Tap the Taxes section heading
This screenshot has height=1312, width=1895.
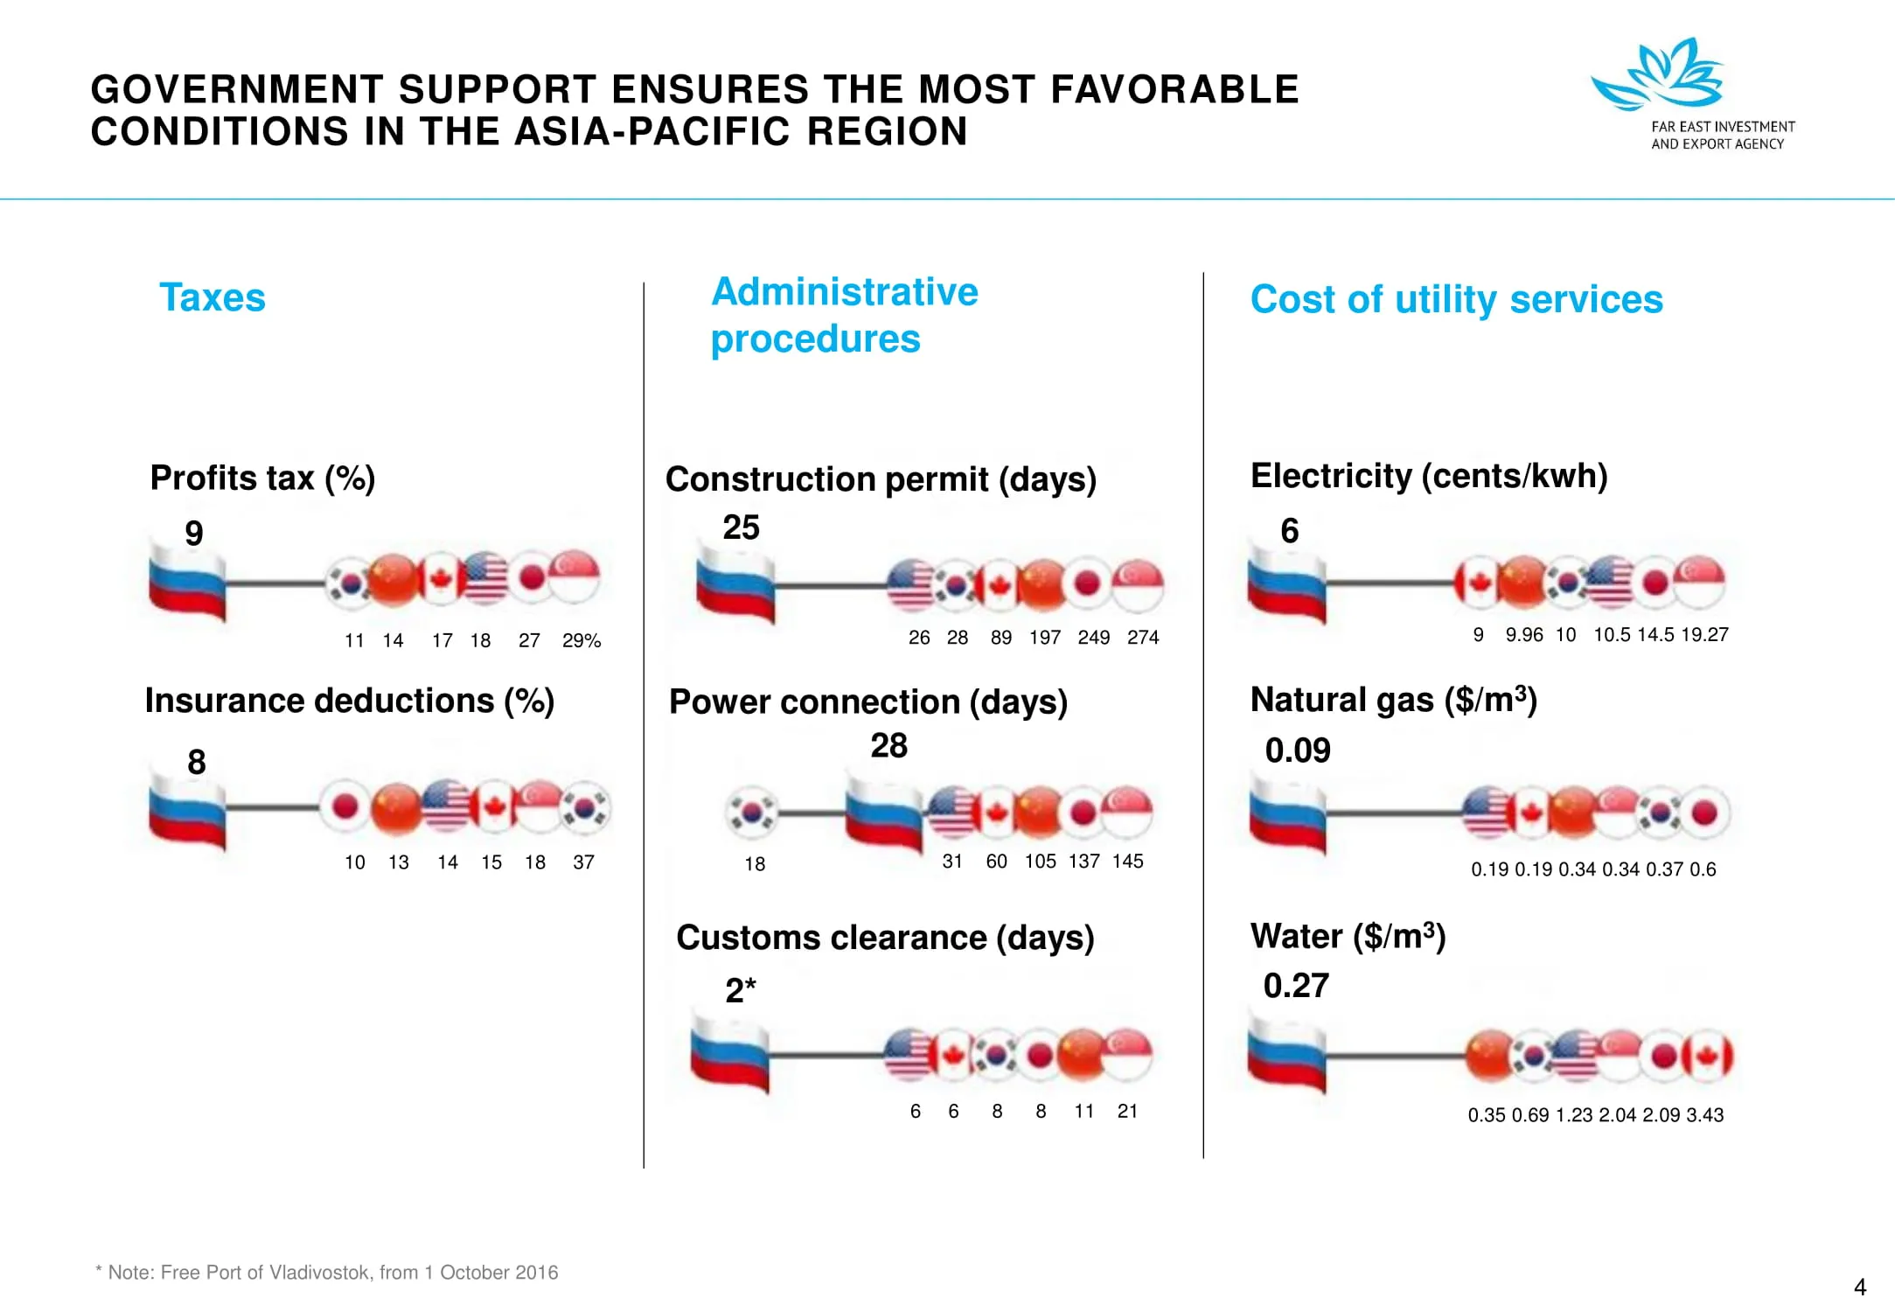[212, 297]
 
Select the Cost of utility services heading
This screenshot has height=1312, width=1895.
[1456, 299]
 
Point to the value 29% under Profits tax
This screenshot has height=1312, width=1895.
[582, 641]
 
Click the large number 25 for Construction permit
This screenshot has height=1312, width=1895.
[741, 527]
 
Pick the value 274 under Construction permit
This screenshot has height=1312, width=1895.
[1143, 638]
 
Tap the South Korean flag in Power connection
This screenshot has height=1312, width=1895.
[752, 812]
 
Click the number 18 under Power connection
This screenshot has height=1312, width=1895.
[755, 864]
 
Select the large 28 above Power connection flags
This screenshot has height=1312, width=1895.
[888, 746]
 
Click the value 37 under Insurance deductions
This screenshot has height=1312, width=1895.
[583, 862]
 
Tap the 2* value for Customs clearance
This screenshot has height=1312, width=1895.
[740, 990]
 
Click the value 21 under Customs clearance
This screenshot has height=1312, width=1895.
[1127, 1112]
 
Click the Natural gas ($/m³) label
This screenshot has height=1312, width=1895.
[1393, 700]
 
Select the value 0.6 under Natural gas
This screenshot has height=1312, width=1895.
[1703, 869]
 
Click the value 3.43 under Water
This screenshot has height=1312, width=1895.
[1704, 1115]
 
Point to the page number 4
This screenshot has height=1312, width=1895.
[1860, 1288]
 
